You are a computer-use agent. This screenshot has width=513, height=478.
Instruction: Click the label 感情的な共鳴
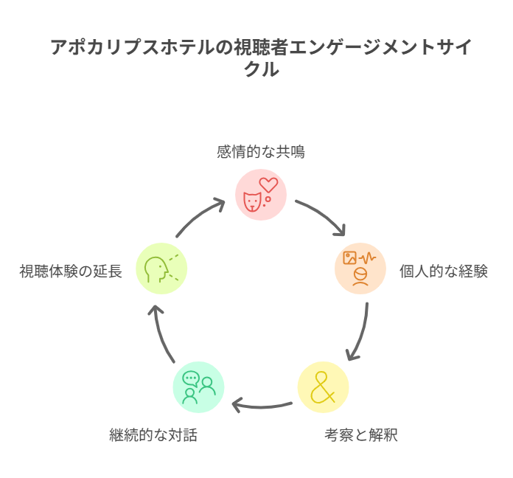[261, 152]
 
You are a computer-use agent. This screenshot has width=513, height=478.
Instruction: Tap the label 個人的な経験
[443, 271]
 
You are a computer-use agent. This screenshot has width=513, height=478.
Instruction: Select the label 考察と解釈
[361, 435]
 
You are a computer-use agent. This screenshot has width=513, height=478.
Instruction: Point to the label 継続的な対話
[153, 435]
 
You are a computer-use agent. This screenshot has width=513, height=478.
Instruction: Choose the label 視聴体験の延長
[71, 271]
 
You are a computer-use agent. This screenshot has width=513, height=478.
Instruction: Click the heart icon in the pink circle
[268, 185]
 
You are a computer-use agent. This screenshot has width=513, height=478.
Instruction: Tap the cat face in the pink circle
[252, 201]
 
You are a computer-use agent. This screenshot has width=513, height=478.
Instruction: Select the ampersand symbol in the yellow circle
[323, 387]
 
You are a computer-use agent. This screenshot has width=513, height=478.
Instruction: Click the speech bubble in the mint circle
[191, 379]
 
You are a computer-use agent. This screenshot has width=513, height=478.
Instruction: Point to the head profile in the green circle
[156, 269]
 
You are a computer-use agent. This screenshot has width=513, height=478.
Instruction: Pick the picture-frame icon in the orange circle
[349, 257]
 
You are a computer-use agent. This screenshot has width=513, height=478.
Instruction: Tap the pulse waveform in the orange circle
[367, 258]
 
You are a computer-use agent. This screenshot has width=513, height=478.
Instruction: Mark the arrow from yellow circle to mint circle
[262, 407]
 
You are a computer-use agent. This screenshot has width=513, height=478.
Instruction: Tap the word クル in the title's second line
[262, 69]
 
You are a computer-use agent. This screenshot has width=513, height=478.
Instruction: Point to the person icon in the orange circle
[360, 277]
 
